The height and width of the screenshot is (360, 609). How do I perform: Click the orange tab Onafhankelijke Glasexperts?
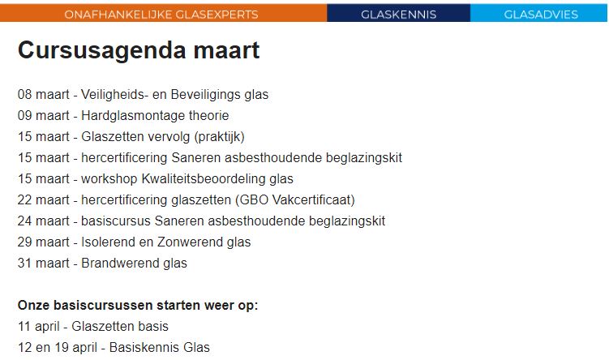161,14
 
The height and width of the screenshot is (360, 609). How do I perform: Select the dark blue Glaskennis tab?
398,14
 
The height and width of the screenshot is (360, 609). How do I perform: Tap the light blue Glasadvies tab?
541,14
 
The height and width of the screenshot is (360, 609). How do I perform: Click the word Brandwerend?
120,263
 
